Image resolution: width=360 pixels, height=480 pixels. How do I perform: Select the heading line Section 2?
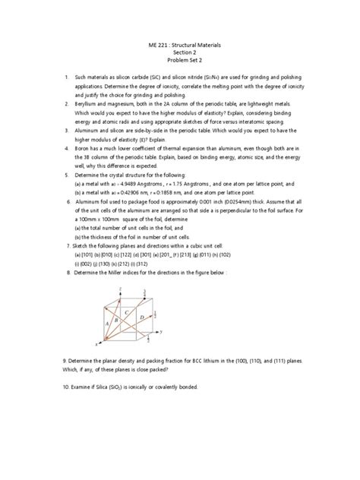(180, 55)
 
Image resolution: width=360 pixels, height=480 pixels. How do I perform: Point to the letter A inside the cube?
(109, 321)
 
